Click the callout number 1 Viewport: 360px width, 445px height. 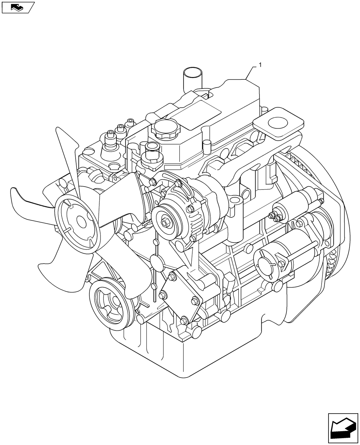click(260, 65)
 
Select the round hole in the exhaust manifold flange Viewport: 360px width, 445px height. click(278, 123)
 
